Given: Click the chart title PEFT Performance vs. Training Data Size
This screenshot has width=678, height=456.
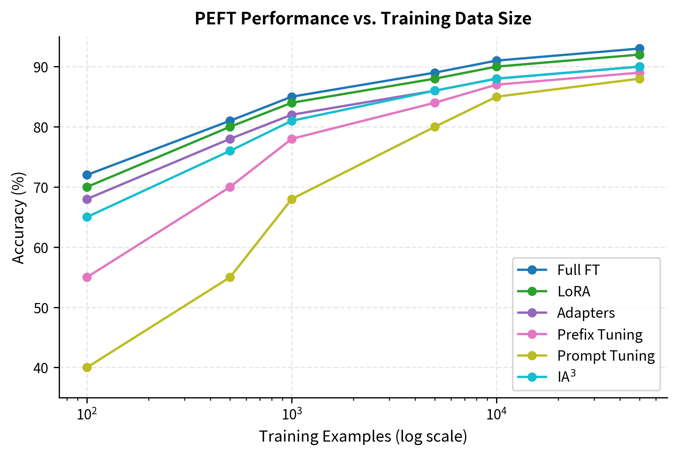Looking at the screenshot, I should pyautogui.click(x=363, y=18).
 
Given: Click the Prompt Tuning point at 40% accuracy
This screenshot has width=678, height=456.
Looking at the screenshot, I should pyautogui.click(x=87, y=367).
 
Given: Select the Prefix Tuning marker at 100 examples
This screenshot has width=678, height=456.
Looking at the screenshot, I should pyautogui.click(x=87, y=277).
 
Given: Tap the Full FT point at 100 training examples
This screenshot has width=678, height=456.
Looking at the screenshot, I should pyautogui.click(x=87, y=175).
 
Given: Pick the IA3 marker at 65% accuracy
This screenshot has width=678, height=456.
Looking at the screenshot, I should pyautogui.click(x=87, y=217).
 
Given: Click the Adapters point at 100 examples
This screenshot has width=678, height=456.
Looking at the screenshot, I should pyautogui.click(x=87, y=199).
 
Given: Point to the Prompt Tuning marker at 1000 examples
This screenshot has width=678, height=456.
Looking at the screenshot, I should pyautogui.click(x=292, y=199).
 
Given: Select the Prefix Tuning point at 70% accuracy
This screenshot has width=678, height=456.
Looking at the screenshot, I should pyautogui.click(x=230, y=187).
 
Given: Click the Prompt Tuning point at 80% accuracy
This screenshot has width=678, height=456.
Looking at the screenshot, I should pyautogui.click(x=435, y=127).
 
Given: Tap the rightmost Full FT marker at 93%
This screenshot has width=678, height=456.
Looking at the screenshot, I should pyautogui.click(x=640, y=49).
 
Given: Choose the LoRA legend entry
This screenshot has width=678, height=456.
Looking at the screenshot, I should pyautogui.click(x=573, y=292).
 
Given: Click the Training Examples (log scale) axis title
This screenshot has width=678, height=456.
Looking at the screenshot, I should pyautogui.click(x=363, y=436).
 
